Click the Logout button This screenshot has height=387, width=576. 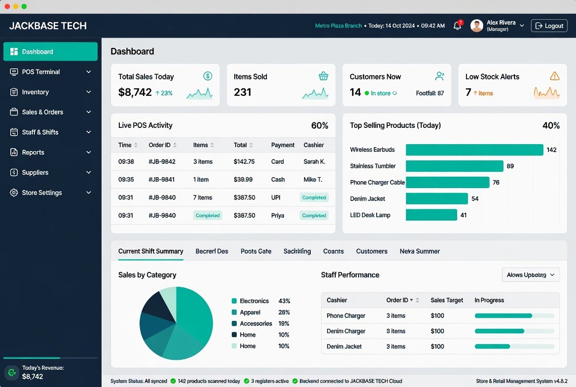(549, 26)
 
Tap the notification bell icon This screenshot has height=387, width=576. (457, 25)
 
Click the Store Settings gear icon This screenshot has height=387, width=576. (14, 193)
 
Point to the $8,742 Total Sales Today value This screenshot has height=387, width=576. (135, 92)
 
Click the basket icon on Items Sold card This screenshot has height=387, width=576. (324, 76)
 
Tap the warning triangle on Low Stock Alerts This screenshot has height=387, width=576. (555, 76)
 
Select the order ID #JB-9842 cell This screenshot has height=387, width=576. (162, 161)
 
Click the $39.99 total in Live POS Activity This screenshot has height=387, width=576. (243, 180)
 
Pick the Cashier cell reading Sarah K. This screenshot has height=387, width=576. (315, 161)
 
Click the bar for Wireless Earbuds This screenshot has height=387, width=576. (474, 150)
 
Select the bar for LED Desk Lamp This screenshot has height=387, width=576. (432, 215)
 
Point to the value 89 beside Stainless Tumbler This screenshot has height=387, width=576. (510, 166)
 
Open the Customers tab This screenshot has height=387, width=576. (372, 251)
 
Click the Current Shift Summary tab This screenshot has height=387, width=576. (150, 251)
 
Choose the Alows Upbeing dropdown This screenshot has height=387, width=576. (531, 275)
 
